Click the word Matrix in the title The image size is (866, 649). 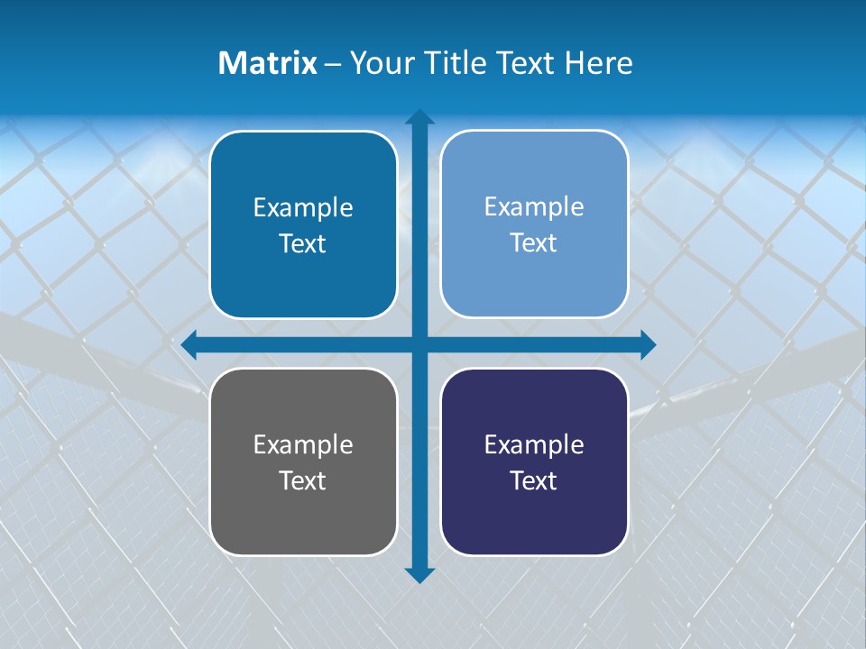268,63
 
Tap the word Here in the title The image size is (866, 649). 598,63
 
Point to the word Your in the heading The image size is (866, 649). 378,63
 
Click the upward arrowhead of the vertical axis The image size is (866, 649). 419,117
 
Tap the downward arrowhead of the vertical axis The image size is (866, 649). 419,575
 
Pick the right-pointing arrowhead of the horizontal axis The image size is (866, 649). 648,344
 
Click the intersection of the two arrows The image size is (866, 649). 419,344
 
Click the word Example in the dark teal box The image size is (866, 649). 303,208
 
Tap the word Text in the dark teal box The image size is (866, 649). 303,244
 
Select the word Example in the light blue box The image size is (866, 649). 534,207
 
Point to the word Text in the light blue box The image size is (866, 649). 534,243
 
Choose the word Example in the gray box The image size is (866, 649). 303,444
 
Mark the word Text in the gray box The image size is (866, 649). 303,480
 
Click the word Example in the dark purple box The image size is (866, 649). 534,444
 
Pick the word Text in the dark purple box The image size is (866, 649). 534,480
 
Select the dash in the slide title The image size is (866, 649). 333,64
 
